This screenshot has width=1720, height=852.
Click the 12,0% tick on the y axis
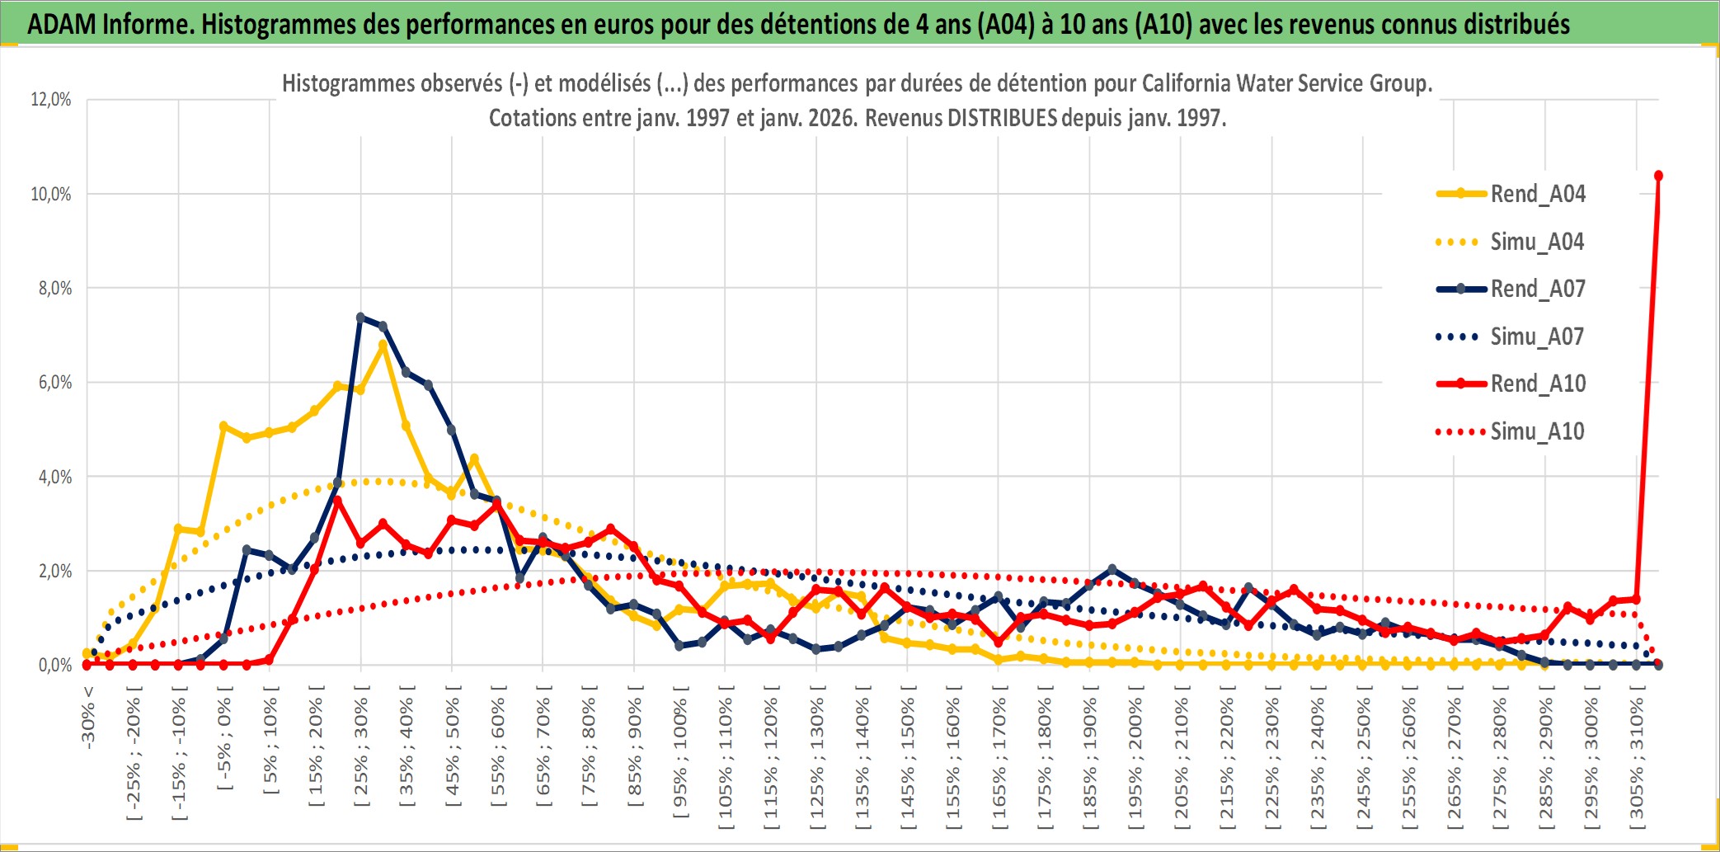point(51,100)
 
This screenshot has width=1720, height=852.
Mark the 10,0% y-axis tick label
point(51,194)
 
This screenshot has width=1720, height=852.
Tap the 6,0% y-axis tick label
point(55,383)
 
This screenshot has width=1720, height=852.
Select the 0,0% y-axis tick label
point(55,666)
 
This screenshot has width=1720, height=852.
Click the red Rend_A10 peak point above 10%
point(1658,176)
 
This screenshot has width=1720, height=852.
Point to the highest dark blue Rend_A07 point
point(360,318)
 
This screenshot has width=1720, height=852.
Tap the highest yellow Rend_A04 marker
point(383,346)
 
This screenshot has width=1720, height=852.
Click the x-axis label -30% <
point(88,718)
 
